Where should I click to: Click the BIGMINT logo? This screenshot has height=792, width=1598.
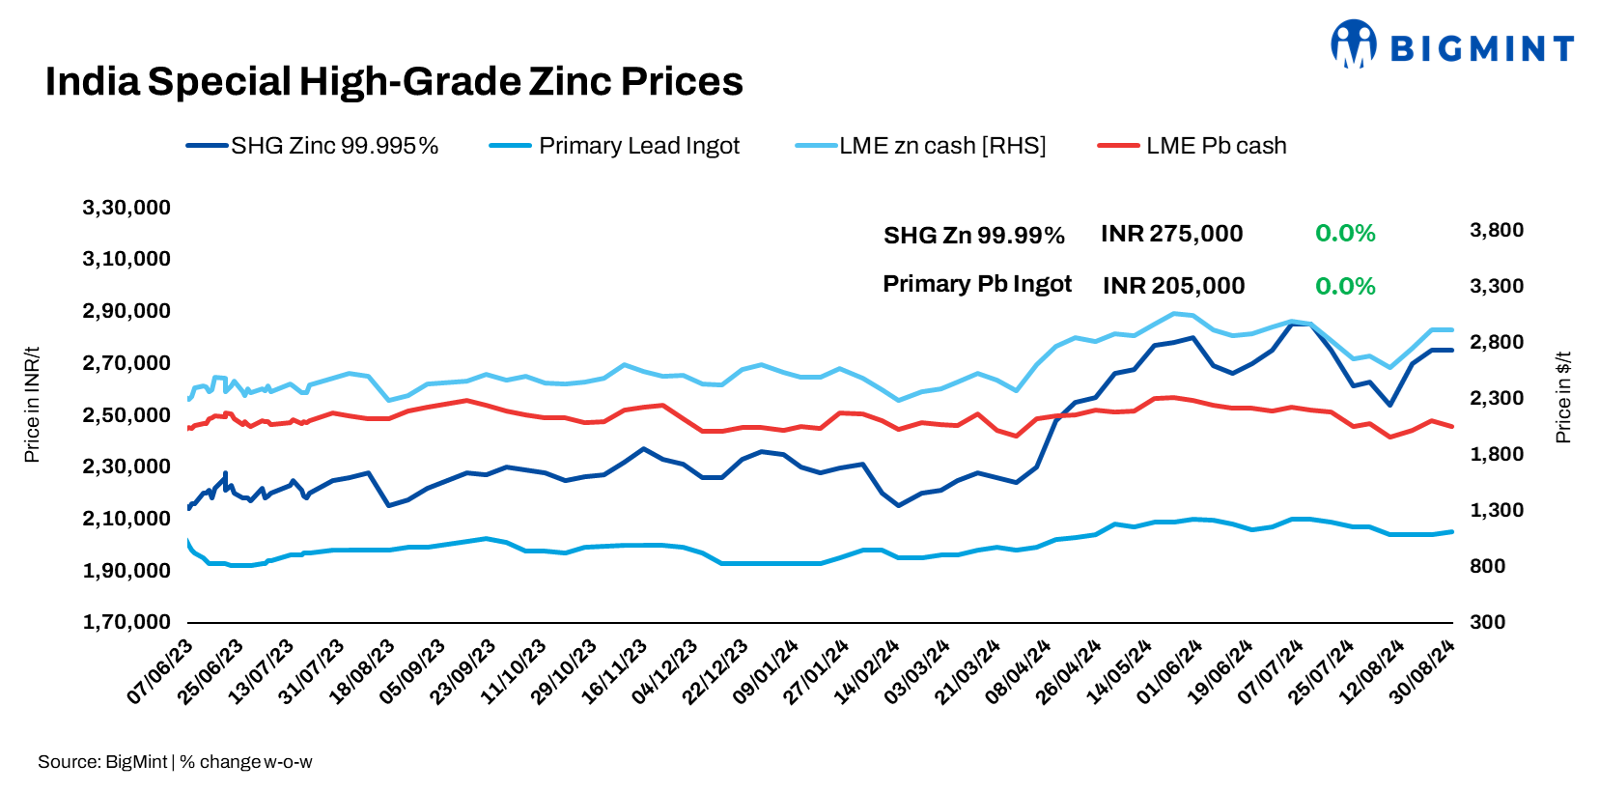point(1452,45)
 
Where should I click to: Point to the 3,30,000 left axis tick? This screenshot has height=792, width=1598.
point(126,208)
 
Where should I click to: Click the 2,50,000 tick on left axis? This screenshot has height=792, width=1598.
point(126,415)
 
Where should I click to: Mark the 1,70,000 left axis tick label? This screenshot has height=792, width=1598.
point(126,622)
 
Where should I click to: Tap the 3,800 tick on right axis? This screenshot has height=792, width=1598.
point(1496,230)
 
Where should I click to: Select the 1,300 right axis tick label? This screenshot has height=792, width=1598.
point(1496,510)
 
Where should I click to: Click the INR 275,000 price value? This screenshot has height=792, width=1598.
point(1171,234)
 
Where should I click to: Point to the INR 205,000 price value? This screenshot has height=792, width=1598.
point(1173,286)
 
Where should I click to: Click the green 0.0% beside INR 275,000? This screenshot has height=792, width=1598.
point(1344,234)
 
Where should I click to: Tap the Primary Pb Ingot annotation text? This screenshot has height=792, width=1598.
point(976,284)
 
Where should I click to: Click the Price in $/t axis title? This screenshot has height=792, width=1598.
point(1563,397)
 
